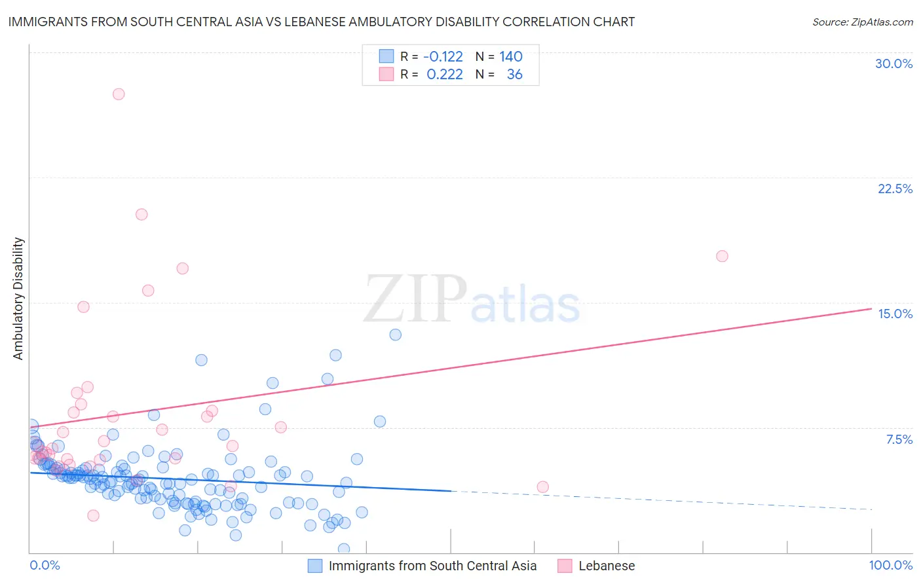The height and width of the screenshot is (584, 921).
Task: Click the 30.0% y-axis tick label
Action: coord(893,64)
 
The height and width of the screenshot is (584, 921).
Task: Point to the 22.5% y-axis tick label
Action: coord(895,189)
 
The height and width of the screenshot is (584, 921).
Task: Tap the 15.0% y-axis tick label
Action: coord(895,314)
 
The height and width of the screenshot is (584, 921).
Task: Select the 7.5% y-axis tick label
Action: coord(899,439)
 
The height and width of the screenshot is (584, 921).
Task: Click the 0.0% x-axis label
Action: coord(45,565)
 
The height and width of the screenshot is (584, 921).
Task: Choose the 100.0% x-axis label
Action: coord(890,565)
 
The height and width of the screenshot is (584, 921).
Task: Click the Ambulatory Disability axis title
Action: coord(18,299)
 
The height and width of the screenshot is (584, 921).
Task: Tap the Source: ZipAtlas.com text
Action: coord(862,22)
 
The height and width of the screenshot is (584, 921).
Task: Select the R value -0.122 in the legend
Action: coord(443,57)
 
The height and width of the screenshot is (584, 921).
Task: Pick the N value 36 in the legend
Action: coord(514,75)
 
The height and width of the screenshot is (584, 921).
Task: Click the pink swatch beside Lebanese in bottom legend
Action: coord(565,566)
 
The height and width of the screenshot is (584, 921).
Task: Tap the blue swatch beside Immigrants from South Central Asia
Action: coord(315,566)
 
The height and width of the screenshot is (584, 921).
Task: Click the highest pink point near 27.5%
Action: coord(119,94)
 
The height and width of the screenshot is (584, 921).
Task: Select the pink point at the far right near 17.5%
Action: coord(722,256)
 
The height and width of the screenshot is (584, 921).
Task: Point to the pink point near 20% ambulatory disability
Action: coord(141,214)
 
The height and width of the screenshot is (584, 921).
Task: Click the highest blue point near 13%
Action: coord(395,335)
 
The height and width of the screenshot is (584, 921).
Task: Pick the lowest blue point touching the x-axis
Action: coord(343,549)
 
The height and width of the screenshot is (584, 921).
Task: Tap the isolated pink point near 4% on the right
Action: coord(542,486)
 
